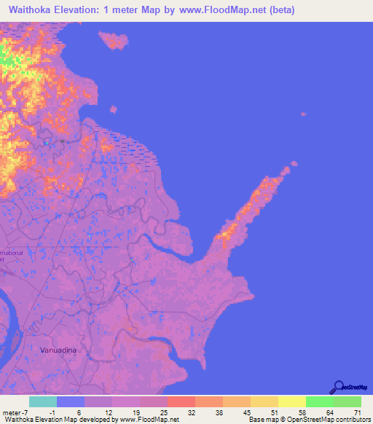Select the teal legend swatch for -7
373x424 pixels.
[x=42, y=401]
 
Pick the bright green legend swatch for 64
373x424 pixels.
[x=319, y=401]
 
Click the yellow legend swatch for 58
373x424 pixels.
[x=291, y=401]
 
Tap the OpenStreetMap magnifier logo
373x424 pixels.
[x=339, y=387]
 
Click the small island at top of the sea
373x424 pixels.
[x=113, y=40]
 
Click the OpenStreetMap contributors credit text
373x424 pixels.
[x=327, y=420]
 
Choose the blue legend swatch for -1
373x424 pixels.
[x=70, y=401]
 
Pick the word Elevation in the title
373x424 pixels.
[x=91, y=10]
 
